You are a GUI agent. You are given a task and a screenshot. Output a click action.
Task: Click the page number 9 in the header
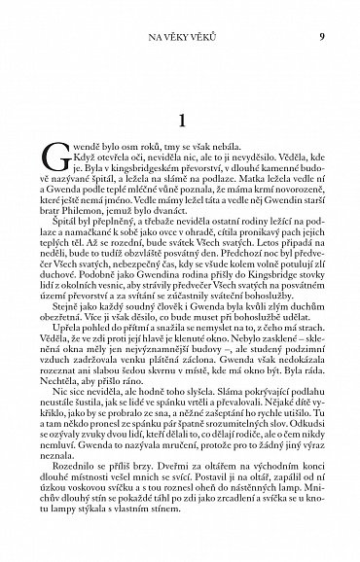[x=321, y=38]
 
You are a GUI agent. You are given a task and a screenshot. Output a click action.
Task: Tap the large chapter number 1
[x=181, y=122]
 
